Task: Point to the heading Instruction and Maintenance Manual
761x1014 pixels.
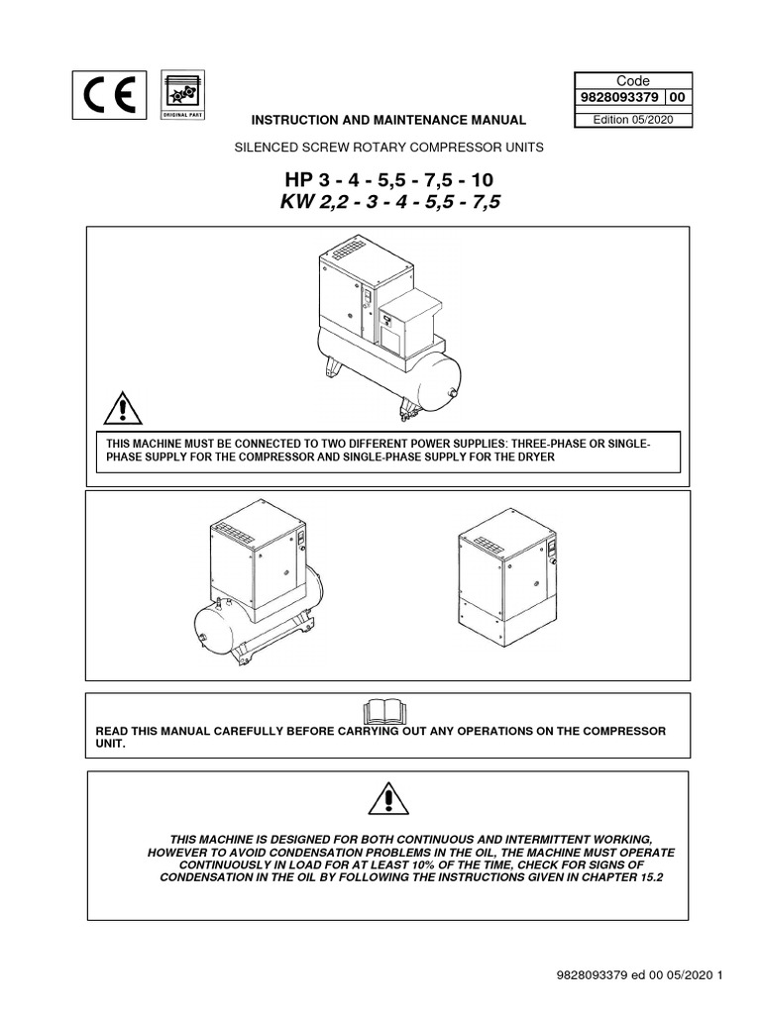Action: (x=388, y=120)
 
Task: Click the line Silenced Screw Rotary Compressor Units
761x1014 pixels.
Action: (x=388, y=148)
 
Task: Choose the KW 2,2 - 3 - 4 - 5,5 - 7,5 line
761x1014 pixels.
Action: (x=387, y=205)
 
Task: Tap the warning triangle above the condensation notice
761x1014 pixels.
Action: (x=388, y=796)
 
